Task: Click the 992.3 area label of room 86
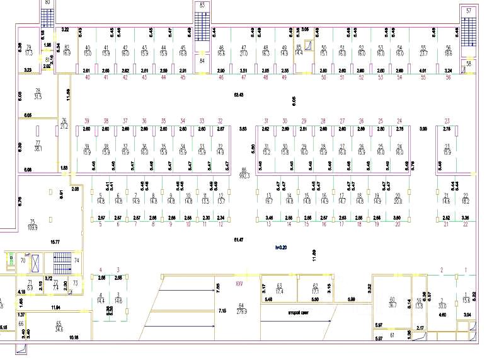tap(244, 176)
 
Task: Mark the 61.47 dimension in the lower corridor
tap(238, 240)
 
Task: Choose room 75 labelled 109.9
tap(32, 224)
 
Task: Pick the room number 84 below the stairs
tap(202, 61)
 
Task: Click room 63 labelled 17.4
tap(279, 290)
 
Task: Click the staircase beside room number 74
tap(60, 260)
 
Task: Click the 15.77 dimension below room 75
tap(55, 242)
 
